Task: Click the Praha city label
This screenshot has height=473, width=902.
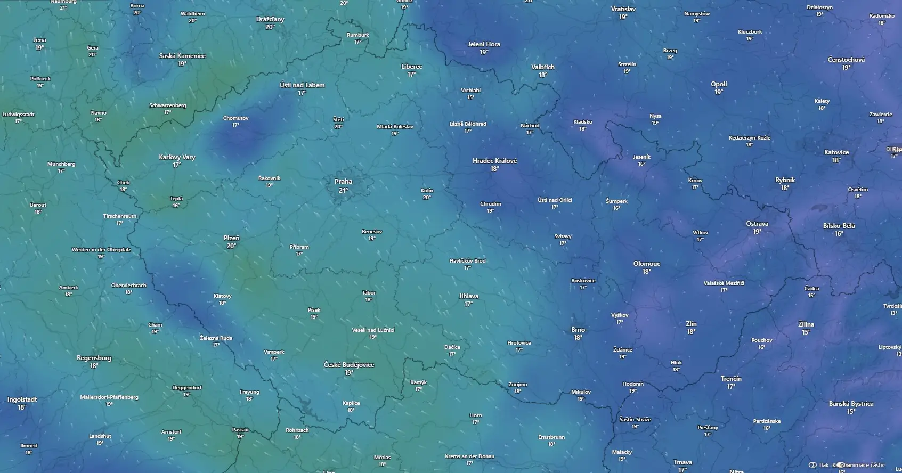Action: pyautogui.click(x=343, y=182)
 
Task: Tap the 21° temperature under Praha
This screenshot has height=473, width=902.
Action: pyautogui.click(x=343, y=190)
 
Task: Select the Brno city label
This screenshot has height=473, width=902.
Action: pyautogui.click(x=578, y=330)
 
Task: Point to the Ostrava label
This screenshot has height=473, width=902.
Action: pyautogui.click(x=757, y=224)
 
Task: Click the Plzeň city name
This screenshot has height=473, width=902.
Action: pyautogui.click(x=231, y=238)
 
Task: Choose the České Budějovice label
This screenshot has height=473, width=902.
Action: pyautogui.click(x=349, y=365)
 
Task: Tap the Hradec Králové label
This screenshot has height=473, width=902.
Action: pyautogui.click(x=494, y=161)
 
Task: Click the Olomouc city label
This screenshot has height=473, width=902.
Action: pyautogui.click(x=646, y=264)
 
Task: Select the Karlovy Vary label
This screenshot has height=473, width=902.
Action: pyautogui.click(x=177, y=157)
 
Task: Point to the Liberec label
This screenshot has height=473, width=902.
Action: pyautogui.click(x=411, y=67)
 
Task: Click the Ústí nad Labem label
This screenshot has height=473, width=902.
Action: pyautogui.click(x=302, y=85)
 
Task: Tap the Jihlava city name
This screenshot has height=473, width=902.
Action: pyautogui.click(x=468, y=296)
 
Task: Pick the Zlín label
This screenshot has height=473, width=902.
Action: pyautogui.click(x=691, y=324)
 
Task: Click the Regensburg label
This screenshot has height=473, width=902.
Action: pyautogui.click(x=94, y=358)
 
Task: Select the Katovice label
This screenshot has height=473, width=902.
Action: pyautogui.click(x=836, y=152)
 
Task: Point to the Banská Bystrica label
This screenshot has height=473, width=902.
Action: pyautogui.click(x=851, y=404)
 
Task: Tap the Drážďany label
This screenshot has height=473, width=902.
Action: pyautogui.click(x=270, y=19)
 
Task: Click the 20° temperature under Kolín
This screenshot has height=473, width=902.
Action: pyautogui.click(x=427, y=198)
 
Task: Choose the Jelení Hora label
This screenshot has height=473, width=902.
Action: pyautogui.click(x=484, y=44)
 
